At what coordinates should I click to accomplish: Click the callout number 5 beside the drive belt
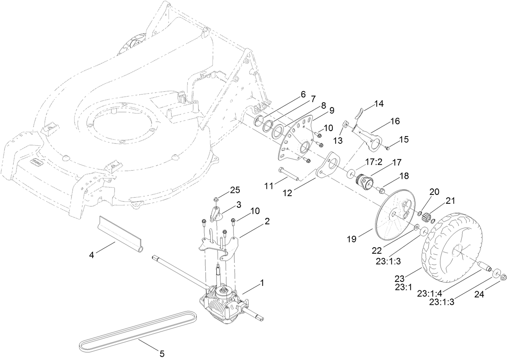pyautogui.click(x=162, y=354)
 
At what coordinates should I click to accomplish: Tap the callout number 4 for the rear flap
pyautogui.click(x=92, y=254)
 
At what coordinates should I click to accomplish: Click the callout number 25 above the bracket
pyautogui.click(x=235, y=189)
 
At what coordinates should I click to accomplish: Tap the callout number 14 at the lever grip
pyautogui.click(x=378, y=103)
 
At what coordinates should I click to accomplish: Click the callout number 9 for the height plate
pyautogui.click(x=331, y=110)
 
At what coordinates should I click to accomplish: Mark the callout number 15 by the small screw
pyautogui.click(x=404, y=139)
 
